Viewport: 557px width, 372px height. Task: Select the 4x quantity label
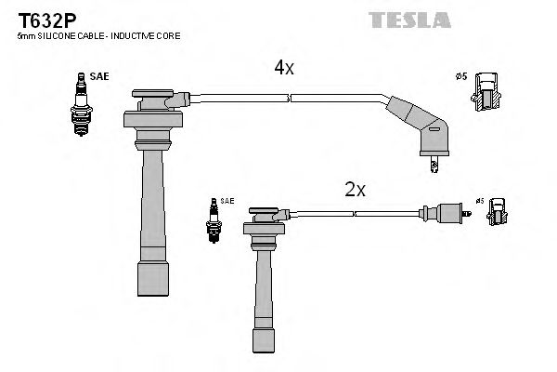(283, 68)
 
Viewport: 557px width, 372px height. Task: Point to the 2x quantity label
(356, 190)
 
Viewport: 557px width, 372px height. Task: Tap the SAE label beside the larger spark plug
(99, 78)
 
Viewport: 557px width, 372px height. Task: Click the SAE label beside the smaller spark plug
(227, 201)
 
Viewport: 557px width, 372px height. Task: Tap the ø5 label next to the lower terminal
(480, 199)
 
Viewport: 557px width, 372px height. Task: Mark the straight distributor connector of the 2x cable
(441, 213)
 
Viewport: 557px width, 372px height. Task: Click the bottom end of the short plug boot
(265, 339)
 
